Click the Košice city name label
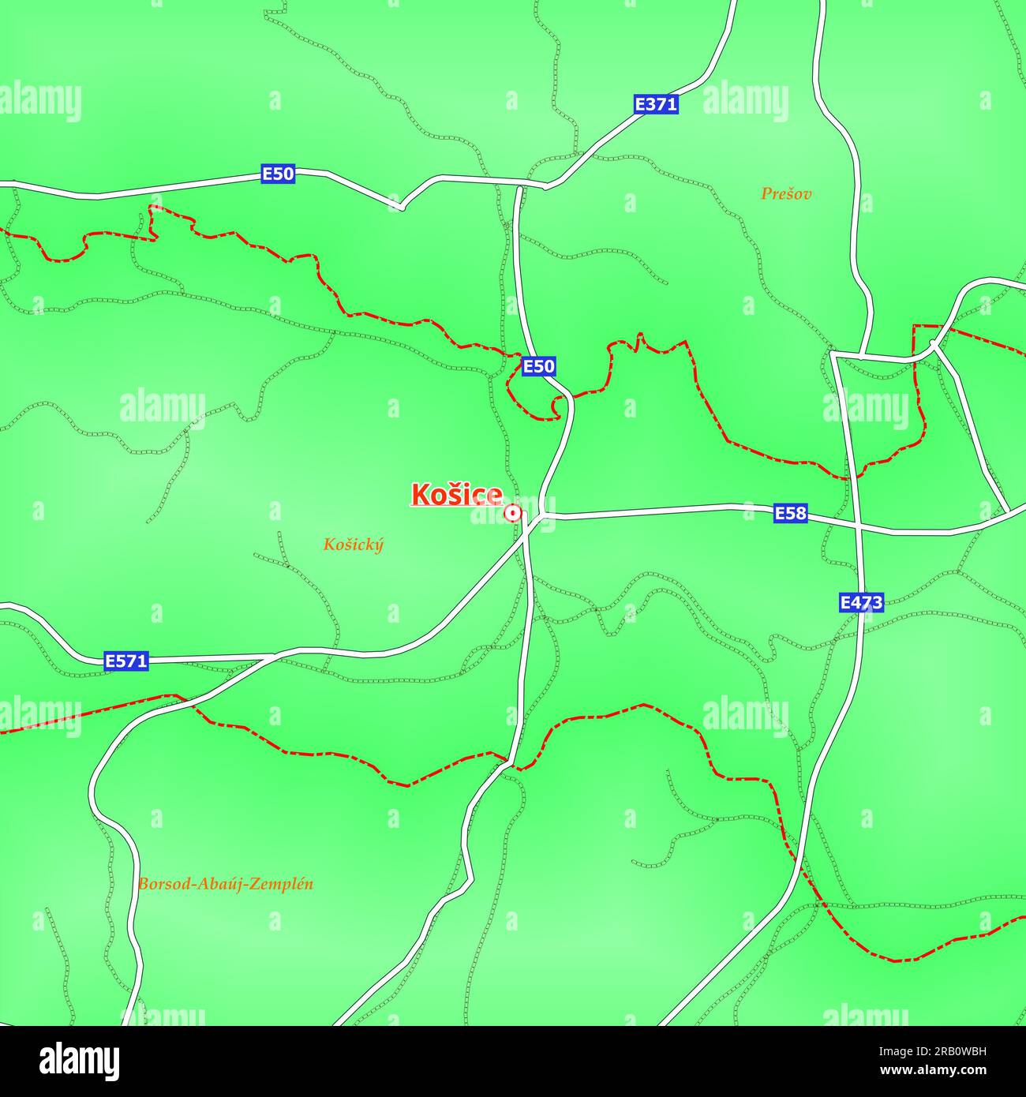tap(456, 495)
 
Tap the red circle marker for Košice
tap(513, 514)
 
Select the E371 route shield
tap(656, 104)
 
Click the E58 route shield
tap(790, 514)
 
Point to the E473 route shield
tap(860, 603)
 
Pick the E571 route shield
tap(126, 661)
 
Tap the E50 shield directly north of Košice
tap(538, 366)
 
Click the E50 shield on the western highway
tap(278, 174)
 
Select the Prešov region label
tap(786, 193)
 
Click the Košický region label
tap(353, 545)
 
